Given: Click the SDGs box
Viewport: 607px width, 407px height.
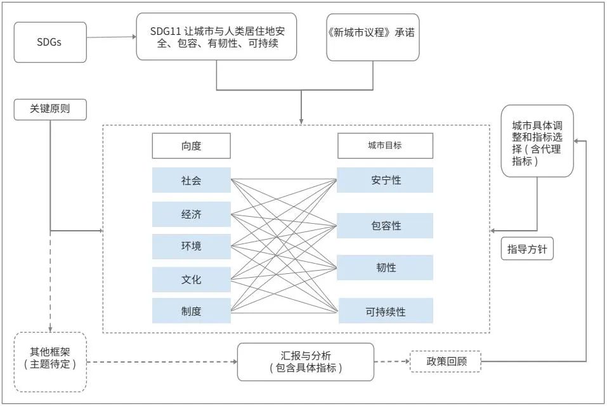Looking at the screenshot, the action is click(x=50, y=42).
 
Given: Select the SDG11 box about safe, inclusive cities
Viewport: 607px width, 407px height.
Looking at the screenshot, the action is click(x=216, y=37).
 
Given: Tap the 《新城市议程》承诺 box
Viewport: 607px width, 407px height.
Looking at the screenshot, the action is click(x=373, y=37).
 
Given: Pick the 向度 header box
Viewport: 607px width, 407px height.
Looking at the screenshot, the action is click(x=192, y=146).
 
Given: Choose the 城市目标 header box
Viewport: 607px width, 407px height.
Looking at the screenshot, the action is click(x=385, y=146).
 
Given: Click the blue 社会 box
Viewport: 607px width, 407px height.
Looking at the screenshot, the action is click(x=192, y=180).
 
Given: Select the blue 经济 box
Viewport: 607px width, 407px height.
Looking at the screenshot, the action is click(x=192, y=214).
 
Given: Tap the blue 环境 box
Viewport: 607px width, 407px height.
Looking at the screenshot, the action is click(x=192, y=247).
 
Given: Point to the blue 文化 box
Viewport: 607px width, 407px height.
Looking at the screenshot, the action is click(x=192, y=280).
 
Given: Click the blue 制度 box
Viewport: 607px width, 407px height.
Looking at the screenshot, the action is click(x=192, y=311).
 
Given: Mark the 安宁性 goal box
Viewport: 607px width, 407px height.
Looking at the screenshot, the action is click(x=385, y=180).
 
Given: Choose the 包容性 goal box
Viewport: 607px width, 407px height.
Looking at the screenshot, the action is click(x=385, y=226).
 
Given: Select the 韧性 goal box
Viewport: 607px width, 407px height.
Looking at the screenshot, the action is click(x=385, y=268).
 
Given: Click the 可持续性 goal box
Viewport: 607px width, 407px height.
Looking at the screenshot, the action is click(x=386, y=311).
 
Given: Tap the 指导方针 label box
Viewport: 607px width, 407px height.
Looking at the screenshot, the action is click(x=527, y=249).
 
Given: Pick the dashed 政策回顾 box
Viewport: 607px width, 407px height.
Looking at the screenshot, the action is click(x=445, y=361).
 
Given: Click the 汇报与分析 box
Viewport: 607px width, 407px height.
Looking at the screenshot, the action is click(x=306, y=362).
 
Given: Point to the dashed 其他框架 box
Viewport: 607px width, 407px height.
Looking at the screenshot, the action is click(x=50, y=362).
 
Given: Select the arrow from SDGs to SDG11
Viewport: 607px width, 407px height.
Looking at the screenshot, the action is click(x=112, y=37).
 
